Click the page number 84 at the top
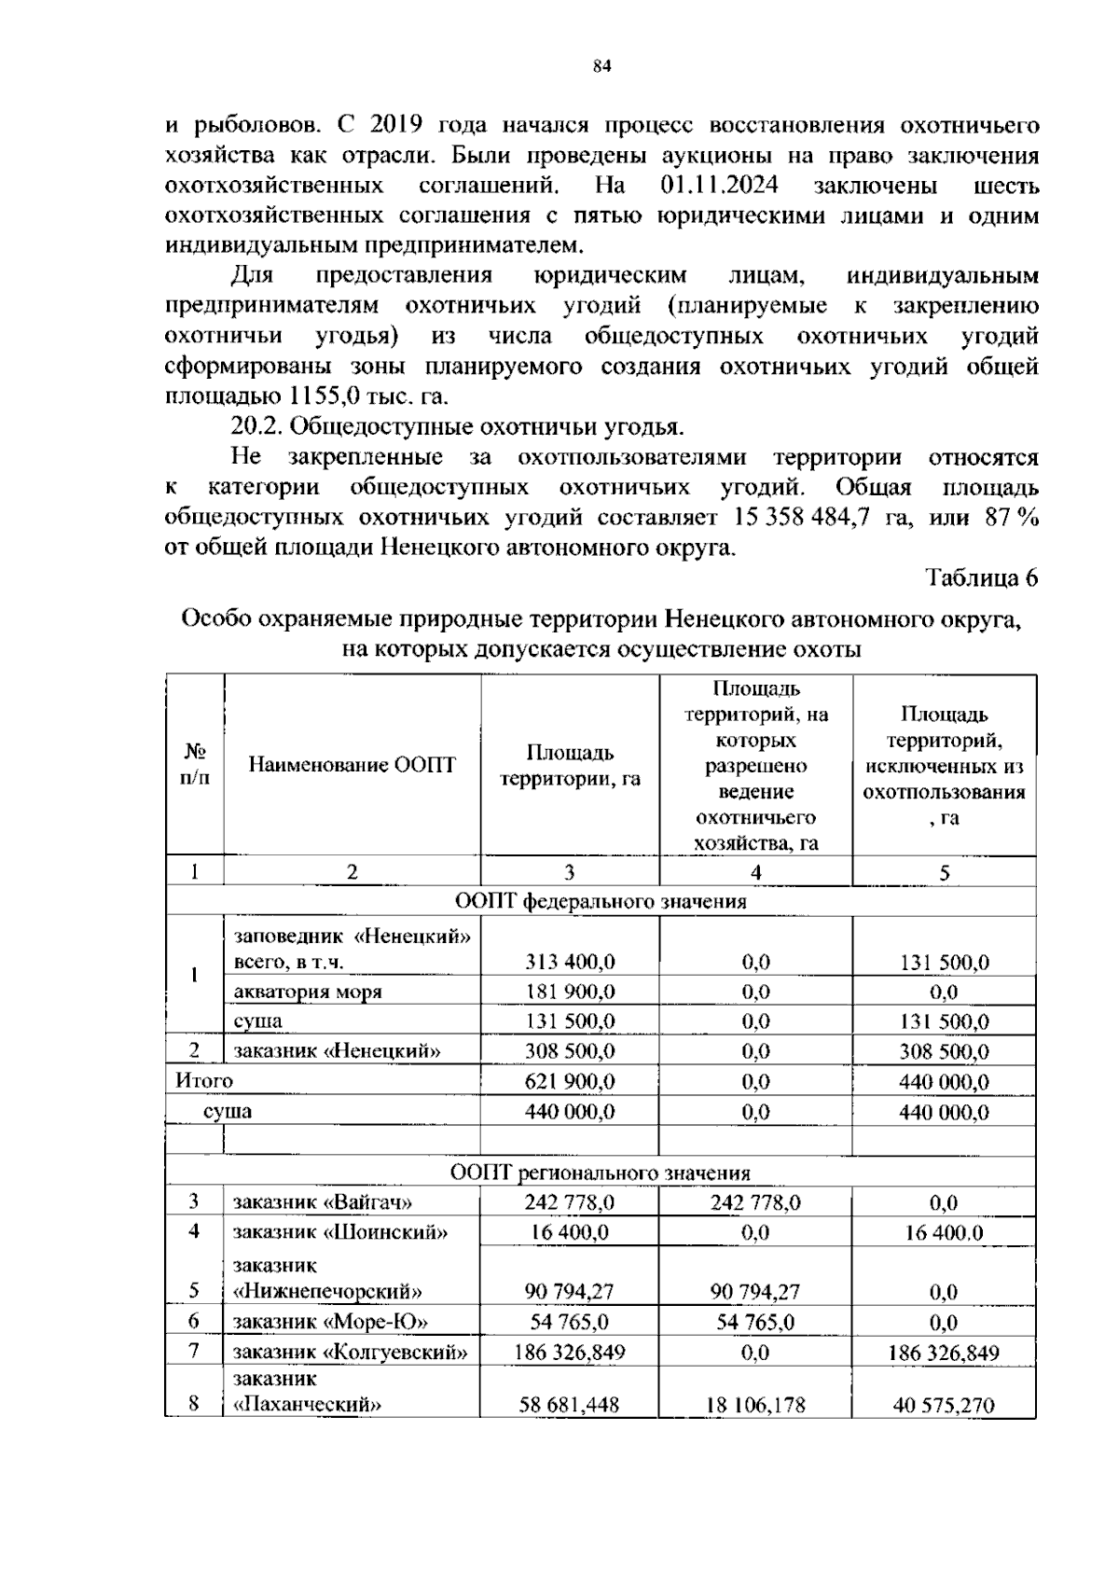point(601,66)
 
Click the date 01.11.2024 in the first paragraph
point(719,185)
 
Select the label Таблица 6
point(980,577)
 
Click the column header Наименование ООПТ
point(352,766)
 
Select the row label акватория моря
point(307,992)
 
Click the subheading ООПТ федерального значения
point(601,901)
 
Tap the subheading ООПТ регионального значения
point(601,1173)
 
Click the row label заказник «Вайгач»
point(322,1202)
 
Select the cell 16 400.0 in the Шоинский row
point(944,1232)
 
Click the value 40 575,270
point(944,1405)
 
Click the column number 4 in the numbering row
point(755,872)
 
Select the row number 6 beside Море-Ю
point(194,1322)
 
